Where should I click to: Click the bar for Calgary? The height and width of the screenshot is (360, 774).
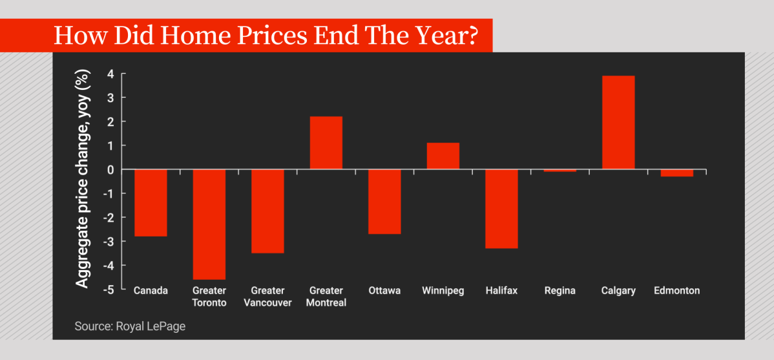(x=618, y=123)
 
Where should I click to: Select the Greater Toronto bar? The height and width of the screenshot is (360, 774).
(x=209, y=224)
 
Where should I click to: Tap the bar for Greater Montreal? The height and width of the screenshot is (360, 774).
(x=326, y=143)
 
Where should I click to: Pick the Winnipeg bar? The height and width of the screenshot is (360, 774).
(x=443, y=156)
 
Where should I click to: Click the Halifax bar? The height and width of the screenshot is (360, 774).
(x=501, y=208)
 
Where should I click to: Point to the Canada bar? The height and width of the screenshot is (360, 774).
(x=151, y=202)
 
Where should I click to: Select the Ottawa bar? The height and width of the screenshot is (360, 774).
(x=384, y=201)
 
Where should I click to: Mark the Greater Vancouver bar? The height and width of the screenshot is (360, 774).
(x=267, y=211)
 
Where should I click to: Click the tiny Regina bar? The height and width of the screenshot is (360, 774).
(x=560, y=171)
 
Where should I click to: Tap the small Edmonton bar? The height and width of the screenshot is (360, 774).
(x=676, y=173)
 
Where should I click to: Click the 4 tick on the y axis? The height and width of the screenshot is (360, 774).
(x=111, y=74)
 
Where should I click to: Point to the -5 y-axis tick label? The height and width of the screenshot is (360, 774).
(x=109, y=290)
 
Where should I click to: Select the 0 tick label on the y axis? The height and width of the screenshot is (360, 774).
(x=111, y=170)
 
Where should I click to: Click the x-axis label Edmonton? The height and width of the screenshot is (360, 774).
(x=676, y=291)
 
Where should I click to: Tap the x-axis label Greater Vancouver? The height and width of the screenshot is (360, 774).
(x=267, y=297)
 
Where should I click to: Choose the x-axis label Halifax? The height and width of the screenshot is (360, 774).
(x=501, y=291)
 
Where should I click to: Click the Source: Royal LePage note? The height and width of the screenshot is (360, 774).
(x=130, y=326)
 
